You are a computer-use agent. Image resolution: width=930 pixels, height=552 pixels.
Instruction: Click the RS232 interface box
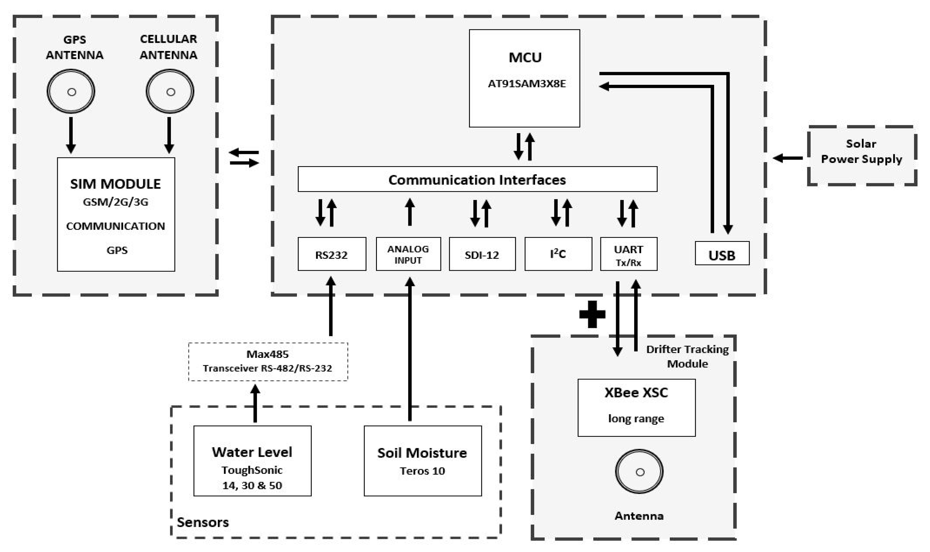coord(331,254)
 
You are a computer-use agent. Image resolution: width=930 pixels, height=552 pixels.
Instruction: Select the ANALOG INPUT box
coord(408,254)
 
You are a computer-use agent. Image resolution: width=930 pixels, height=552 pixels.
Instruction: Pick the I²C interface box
coord(558,254)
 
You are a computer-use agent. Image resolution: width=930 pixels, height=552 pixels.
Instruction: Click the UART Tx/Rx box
coord(628,254)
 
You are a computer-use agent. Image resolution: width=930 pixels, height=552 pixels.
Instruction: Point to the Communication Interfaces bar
coord(477,179)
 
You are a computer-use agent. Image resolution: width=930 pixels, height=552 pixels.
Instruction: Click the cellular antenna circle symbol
coord(170,92)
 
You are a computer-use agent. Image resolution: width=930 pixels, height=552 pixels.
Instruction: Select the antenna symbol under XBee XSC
coord(639,472)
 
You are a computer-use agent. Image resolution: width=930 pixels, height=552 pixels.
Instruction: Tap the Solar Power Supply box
coord(861,155)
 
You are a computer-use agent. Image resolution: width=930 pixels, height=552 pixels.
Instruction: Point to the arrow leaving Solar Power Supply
coord(787,158)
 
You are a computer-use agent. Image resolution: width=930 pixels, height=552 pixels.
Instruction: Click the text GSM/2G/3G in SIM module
coord(116,202)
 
